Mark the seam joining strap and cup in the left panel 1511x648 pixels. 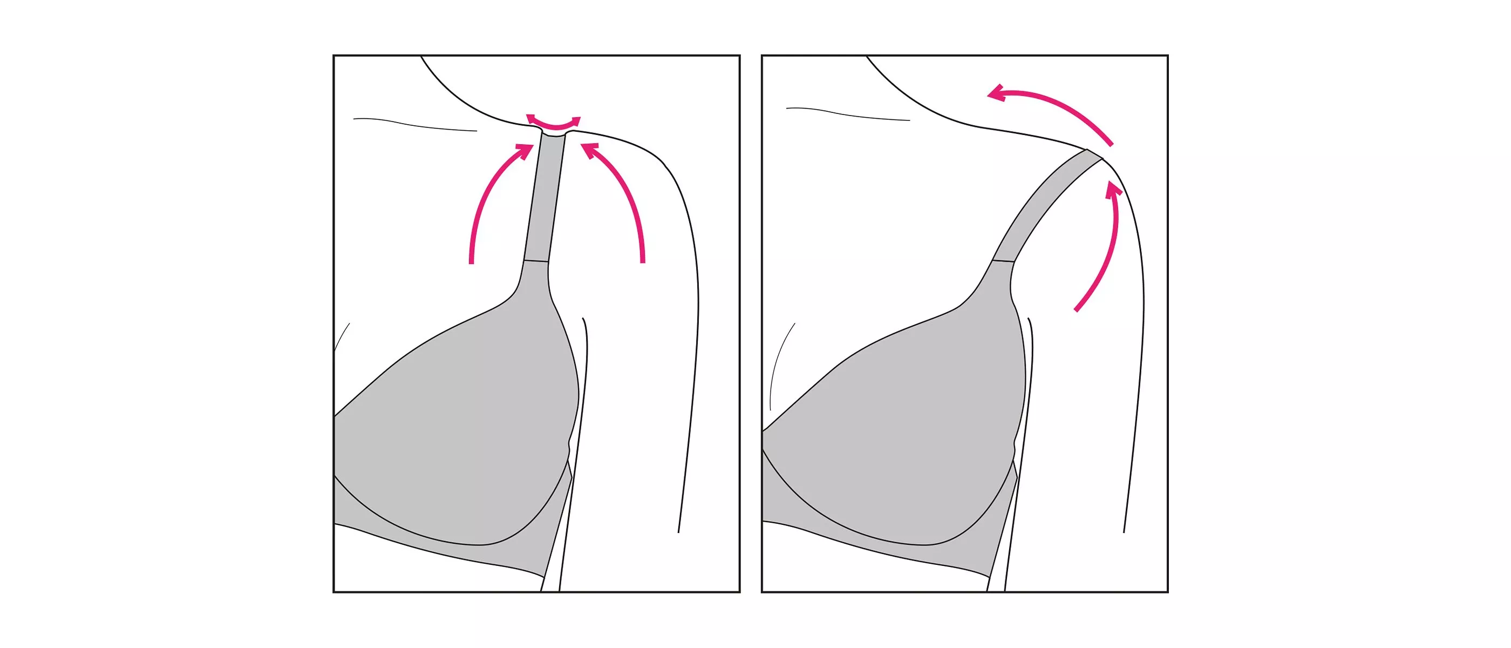tap(536, 260)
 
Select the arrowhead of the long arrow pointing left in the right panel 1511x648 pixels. tap(996, 94)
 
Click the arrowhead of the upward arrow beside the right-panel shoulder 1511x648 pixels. tap(1113, 190)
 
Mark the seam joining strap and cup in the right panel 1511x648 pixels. tap(1004, 260)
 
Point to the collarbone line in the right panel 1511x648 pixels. tap(848, 114)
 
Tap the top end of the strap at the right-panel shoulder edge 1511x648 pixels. tap(1094, 154)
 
